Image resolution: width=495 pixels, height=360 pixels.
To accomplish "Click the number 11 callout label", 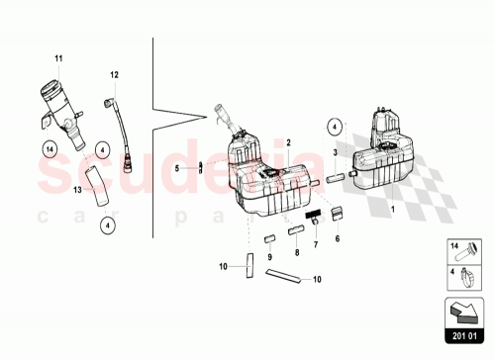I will click(58, 61).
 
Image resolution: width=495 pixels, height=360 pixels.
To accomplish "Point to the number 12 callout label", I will click(114, 75).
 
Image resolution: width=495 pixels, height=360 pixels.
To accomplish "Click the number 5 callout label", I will click(178, 168).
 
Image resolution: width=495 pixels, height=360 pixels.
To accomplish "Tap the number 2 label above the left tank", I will click(288, 142).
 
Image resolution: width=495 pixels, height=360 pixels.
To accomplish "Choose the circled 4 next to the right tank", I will click(336, 127).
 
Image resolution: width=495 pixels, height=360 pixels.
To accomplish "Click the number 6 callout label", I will click(336, 239).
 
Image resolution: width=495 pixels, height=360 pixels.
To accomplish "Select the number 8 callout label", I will click(296, 253).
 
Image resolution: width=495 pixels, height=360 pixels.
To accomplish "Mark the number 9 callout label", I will click(269, 257).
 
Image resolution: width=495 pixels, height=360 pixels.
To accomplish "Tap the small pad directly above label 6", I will click(336, 211).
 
